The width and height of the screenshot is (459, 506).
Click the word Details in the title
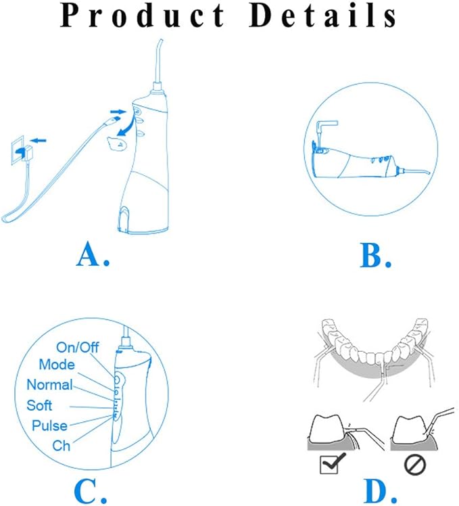click(x=323, y=16)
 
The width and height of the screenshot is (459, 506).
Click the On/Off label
click(x=78, y=347)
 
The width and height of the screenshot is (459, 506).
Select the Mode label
click(x=57, y=365)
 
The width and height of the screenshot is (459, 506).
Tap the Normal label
click(x=49, y=385)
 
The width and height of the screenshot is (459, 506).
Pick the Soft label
click(x=39, y=405)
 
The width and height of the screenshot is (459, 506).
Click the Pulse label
click(x=49, y=425)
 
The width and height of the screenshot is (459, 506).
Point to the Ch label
click(x=62, y=446)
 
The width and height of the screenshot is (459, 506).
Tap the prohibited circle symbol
click(x=415, y=465)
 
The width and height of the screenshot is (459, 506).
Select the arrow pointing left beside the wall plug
click(x=39, y=141)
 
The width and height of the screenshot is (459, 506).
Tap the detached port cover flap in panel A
click(x=117, y=143)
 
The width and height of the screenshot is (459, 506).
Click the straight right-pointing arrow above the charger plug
click(x=118, y=112)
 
